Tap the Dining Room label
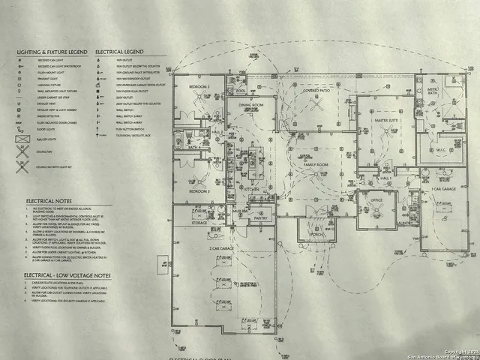(252, 105)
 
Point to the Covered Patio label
(316, 89)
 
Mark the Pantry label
(261, 218)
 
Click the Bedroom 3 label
(199, 192)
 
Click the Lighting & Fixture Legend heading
(52, 52)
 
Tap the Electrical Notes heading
(49, 202)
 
